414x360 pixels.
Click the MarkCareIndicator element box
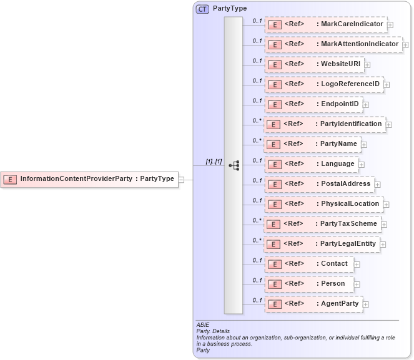tap(325, 24)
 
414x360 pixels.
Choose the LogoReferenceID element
tap(323, 84)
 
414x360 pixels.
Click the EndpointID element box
tap(313, 104)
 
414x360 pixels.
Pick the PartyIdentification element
tap(325, 124)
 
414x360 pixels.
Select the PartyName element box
tap(312, 144)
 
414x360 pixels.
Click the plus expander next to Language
tap(362, 164)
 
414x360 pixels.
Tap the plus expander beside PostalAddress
tap(378, 184)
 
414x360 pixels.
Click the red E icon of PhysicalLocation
tap(273, 204)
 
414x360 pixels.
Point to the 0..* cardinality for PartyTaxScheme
tap(257, 220)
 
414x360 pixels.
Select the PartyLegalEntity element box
tap(322, 244)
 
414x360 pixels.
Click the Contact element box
tap(308, 264)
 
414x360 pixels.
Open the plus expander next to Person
tap(355, 284)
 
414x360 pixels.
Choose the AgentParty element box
tap(313, 304)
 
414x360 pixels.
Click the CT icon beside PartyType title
tap(203, 9)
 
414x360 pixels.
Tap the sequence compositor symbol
tap(234, 165)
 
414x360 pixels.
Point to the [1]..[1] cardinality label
tap(214, 162)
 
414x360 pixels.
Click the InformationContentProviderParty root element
tap(87, 179)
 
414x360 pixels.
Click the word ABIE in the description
tap(202, 325)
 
